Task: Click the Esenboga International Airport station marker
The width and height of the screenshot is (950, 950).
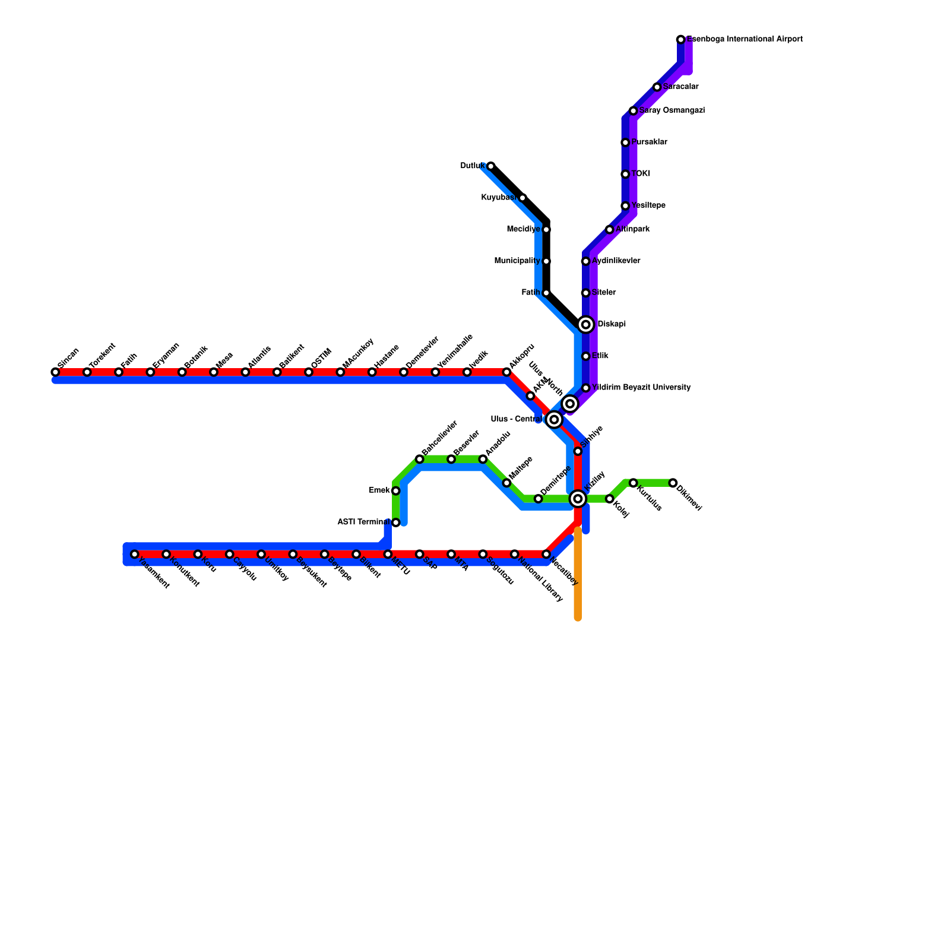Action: pyautogui.click(x=680, y=40)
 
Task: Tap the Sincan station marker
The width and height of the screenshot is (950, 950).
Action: pyautogui.click(x=55, y=372)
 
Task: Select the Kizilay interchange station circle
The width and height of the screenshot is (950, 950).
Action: pyautogui.click(x=578, y=499)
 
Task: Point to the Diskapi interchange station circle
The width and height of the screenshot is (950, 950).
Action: pyautogui.click(x=586, y=325)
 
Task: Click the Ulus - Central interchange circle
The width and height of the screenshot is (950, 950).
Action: pyautogui.click(x=554, y=420)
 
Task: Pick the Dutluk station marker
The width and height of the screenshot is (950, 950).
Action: pyautogui.click(x=490, y=166)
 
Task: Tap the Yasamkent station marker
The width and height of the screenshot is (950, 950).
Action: pyautogui.click(x=135, y=555)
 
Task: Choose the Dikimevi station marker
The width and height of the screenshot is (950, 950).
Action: pyautogui.click(x=673, y=483)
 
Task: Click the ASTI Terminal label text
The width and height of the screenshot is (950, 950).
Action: pyautogui.click(x=363, y=522)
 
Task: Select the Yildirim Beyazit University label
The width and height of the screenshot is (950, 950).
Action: pyautogui.click(x=641, y=388)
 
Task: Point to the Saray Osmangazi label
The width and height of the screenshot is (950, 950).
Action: pyautogui.click(x=672, y=111)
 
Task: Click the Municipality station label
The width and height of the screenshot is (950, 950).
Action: pyautogui.click(x=517, y=261)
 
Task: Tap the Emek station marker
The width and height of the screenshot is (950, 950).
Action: pyautogui.click(x=395, y=491)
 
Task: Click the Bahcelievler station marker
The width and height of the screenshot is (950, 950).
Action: pyautogui.click(x=420, y=460)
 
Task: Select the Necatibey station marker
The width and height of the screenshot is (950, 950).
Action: pyautogui.click(x=546, y=555)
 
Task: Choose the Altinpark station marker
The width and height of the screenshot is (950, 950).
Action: pyautogui.click(x=610, y=230)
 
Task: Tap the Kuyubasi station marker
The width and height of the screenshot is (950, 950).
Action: pyautogui.click(x=522, y=198)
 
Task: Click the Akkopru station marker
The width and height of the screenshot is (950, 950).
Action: pyautogui.click(x=506, y=372)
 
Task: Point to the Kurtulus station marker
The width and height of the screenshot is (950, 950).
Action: pyautogui.click(x=634, y=483)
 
